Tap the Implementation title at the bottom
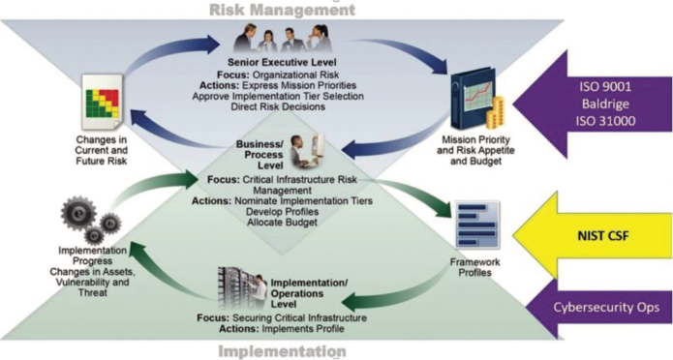click(282, 350)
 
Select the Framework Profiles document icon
click(476, 226)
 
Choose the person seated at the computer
click(299, 152)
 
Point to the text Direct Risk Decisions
click(287, 106)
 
